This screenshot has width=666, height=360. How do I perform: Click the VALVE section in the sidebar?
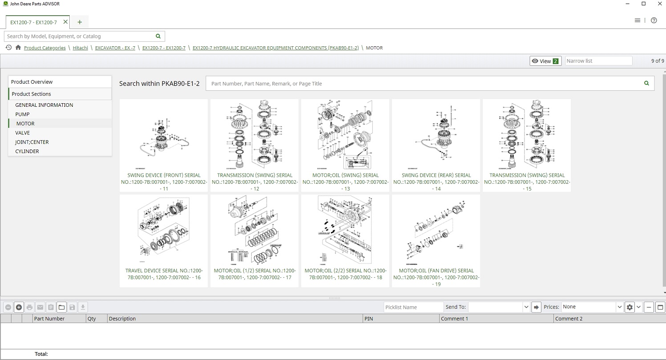[22, 133]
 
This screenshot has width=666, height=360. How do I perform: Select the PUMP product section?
[22, 114]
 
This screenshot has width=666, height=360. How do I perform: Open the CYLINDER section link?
[27, 151]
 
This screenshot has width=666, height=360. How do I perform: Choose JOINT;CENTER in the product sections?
[32, 142]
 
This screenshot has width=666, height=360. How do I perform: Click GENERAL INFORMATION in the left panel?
[44, 105]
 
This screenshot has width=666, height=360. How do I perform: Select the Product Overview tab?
[32, 82]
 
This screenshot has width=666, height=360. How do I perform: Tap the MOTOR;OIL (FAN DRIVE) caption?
[436, 277]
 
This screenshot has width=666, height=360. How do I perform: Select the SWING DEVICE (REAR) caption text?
[436, 182]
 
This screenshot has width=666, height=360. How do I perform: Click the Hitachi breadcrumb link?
[80, 48]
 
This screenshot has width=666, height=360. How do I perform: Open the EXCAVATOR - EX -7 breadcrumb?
[115, 48]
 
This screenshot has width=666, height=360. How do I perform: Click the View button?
[545, 61]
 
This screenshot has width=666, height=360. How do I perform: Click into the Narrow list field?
[598, 61]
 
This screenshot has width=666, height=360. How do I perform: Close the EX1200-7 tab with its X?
[66, 22]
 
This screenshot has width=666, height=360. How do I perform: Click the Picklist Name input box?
[413, 307]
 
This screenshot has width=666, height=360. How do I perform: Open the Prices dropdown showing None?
[592, 307]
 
